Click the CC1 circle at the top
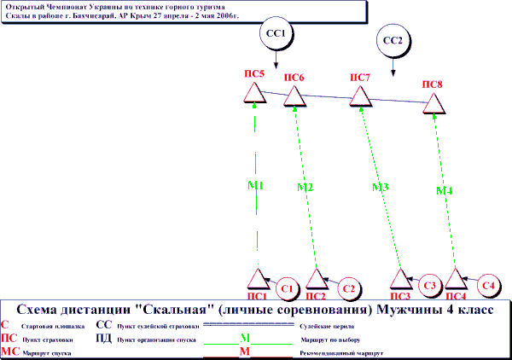click(x=276, y=36)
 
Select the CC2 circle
click(x=393, y=40)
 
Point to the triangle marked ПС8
click(x=434, y=104)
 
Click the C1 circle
click(x=287, y=287)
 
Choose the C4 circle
click(x=488, y=284)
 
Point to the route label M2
click(x=306, y=187)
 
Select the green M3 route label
click(x=381, y=187)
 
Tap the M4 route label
click(x=445, y=190)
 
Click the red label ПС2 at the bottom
click(x=316, y=297)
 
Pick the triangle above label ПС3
click(x=401, y=279)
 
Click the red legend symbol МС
click(x=10, y=351)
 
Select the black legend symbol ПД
click(x=103, y=338)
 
